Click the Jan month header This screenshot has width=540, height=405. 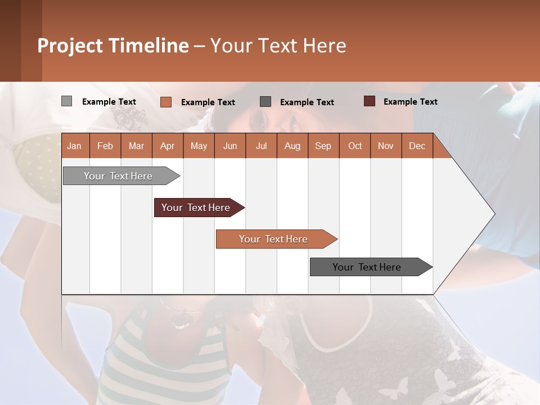point(74,146)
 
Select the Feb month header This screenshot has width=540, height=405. point(105,146)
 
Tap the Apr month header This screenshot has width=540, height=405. point(167,146)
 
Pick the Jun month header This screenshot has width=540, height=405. point(230,146)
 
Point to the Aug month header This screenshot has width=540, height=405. point(292,146)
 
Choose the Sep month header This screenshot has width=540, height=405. point(323,146)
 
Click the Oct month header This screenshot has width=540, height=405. point(355,146)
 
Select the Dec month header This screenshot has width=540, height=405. point(417,146)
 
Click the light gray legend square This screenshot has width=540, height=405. point(66,101)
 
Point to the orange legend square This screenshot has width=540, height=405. point(165,102)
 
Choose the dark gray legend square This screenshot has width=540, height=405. point(265,102)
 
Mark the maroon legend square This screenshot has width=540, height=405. point(369,101)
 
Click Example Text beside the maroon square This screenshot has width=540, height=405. point(410,102)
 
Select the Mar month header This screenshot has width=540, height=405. point(136,146)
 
